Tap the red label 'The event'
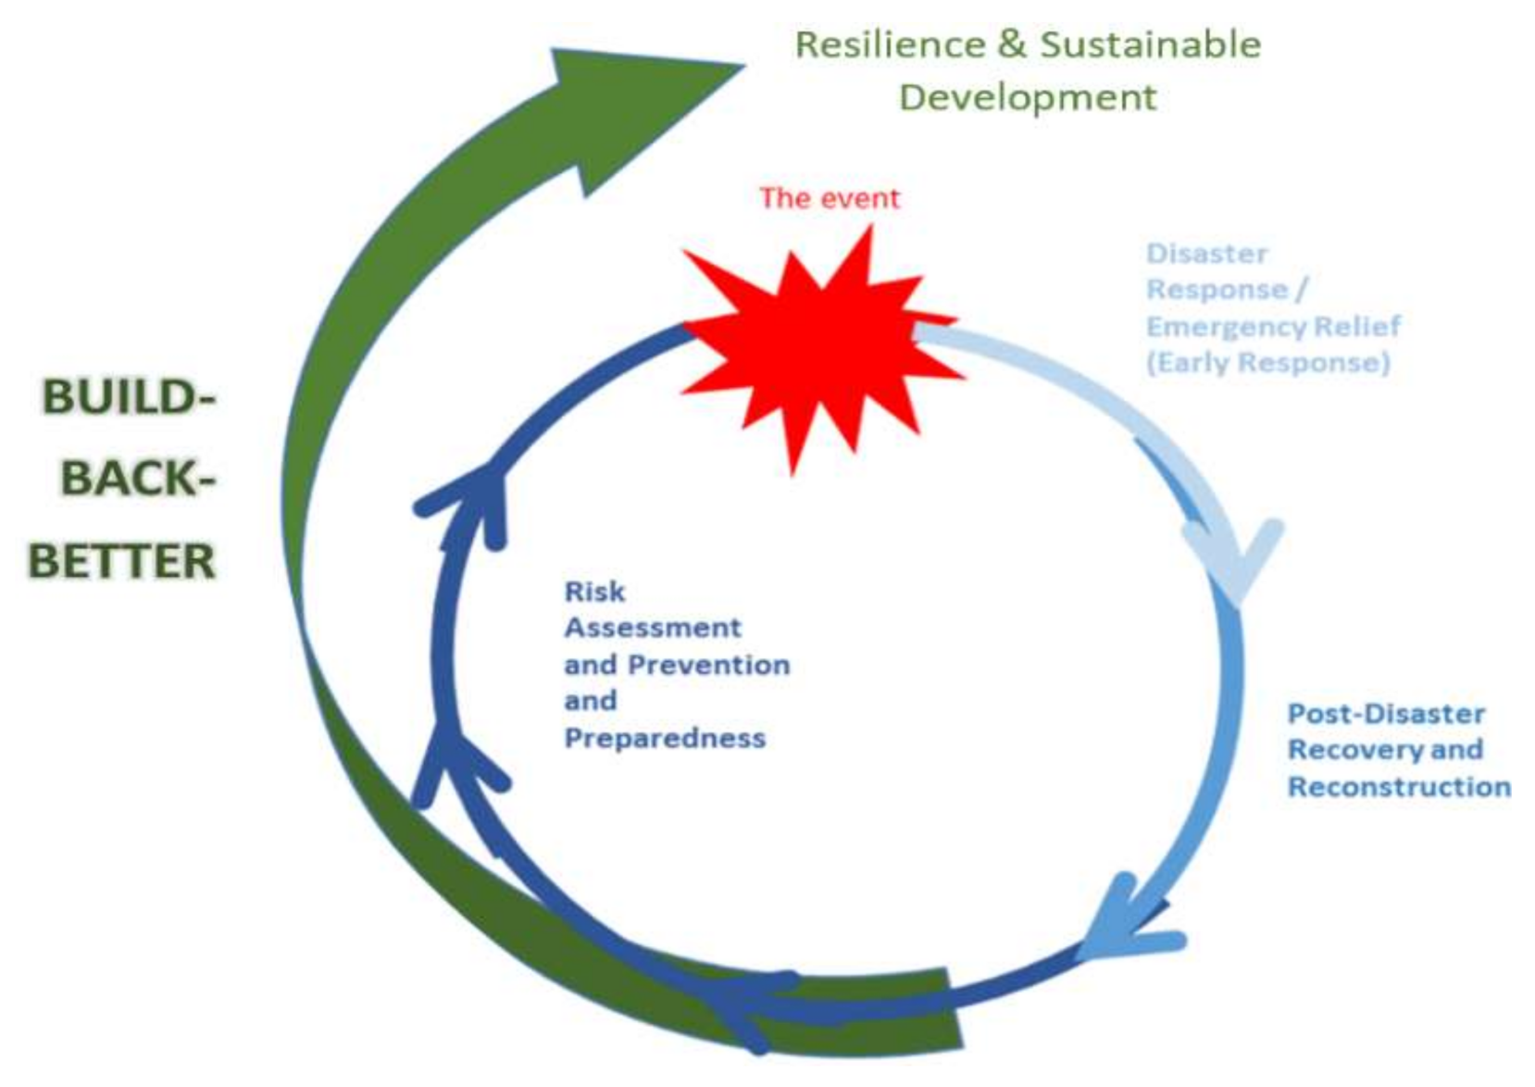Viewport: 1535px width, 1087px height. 830,198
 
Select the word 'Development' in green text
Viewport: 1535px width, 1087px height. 1028,97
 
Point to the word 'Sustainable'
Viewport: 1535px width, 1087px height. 1150,44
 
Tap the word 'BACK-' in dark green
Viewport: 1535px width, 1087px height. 138,480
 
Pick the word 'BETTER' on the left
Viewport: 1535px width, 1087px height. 122,561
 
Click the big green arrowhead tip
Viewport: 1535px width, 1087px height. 731,67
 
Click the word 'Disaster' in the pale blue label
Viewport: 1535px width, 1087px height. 1206,254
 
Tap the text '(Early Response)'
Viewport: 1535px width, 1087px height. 1267,362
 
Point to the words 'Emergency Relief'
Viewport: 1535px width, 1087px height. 1273,326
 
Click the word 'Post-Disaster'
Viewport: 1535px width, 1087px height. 1386,714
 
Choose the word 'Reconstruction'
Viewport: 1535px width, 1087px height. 1399,787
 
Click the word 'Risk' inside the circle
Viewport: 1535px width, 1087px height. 594,592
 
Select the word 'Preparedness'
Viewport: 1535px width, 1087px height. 665,738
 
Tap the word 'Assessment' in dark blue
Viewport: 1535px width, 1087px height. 653,628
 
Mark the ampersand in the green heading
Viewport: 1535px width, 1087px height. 1012,44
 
